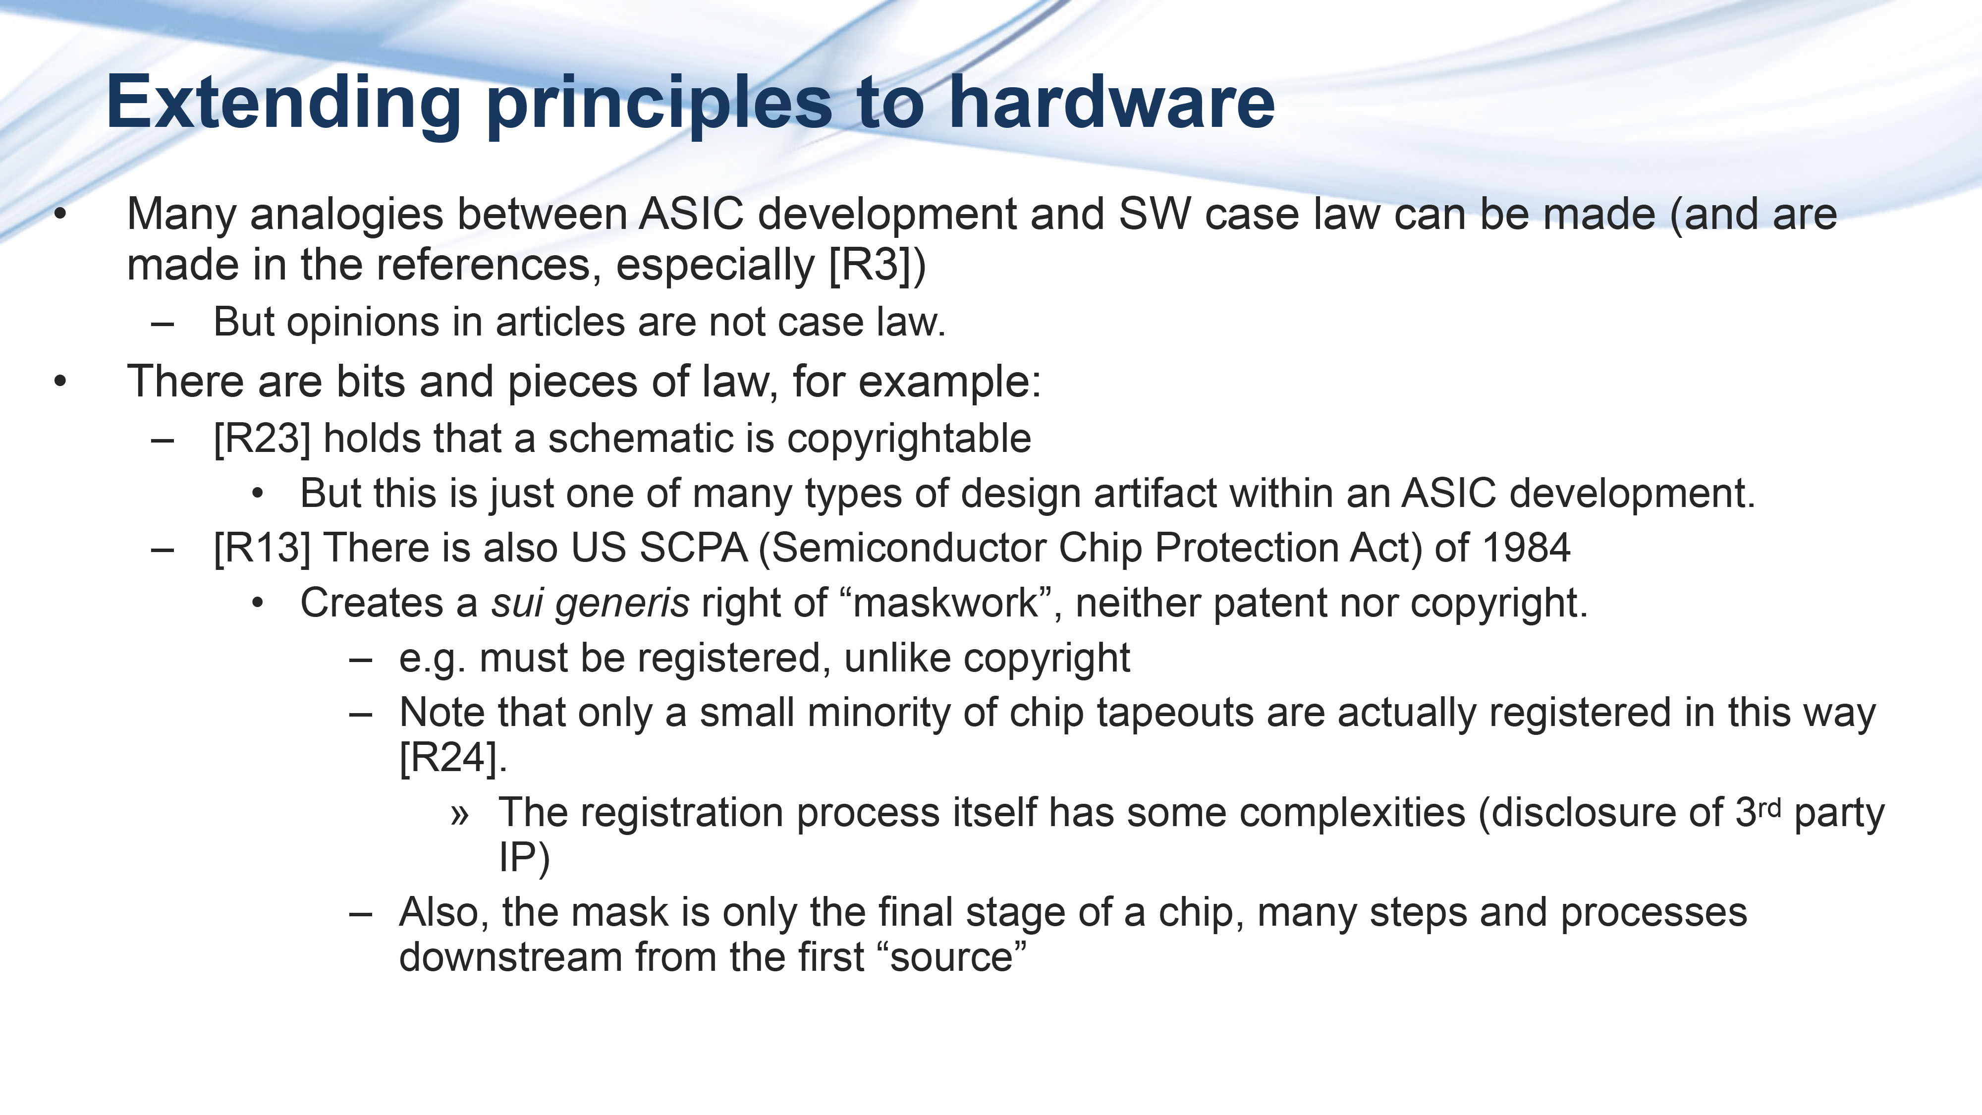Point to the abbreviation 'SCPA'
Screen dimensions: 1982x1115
coord(693,548)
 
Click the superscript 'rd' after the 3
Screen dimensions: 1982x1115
coord(1769,808)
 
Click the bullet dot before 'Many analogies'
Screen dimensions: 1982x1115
coord(60,215)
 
